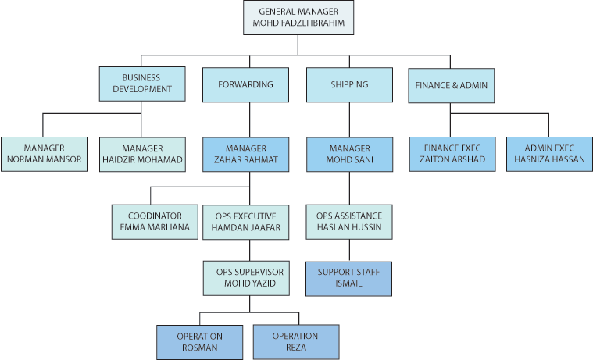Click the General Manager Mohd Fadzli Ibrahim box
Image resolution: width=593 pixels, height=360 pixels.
point(298,18)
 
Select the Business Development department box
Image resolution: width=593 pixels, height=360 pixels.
point(141,84)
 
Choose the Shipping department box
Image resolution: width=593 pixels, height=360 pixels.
point(348,84)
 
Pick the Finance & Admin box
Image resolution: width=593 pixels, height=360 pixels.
point(451,84)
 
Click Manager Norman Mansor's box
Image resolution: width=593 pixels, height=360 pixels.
point(44,155)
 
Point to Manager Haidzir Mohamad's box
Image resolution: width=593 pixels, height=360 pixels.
point(142,155)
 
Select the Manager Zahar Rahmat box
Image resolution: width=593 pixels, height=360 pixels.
point(245,155)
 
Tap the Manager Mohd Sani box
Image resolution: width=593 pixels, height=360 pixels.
point(348,155)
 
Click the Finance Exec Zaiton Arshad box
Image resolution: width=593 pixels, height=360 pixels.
point(452,155)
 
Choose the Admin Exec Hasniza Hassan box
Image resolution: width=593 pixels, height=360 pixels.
point(548,155)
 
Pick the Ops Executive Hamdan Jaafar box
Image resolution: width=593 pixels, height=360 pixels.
point(246,222)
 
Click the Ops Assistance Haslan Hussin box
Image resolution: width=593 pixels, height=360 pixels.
point(348,222)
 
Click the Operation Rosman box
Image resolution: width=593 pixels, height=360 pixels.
point(199,342)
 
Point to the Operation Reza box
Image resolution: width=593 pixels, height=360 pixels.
point(295,342)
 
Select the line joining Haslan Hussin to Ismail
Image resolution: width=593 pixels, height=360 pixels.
point(348,250)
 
